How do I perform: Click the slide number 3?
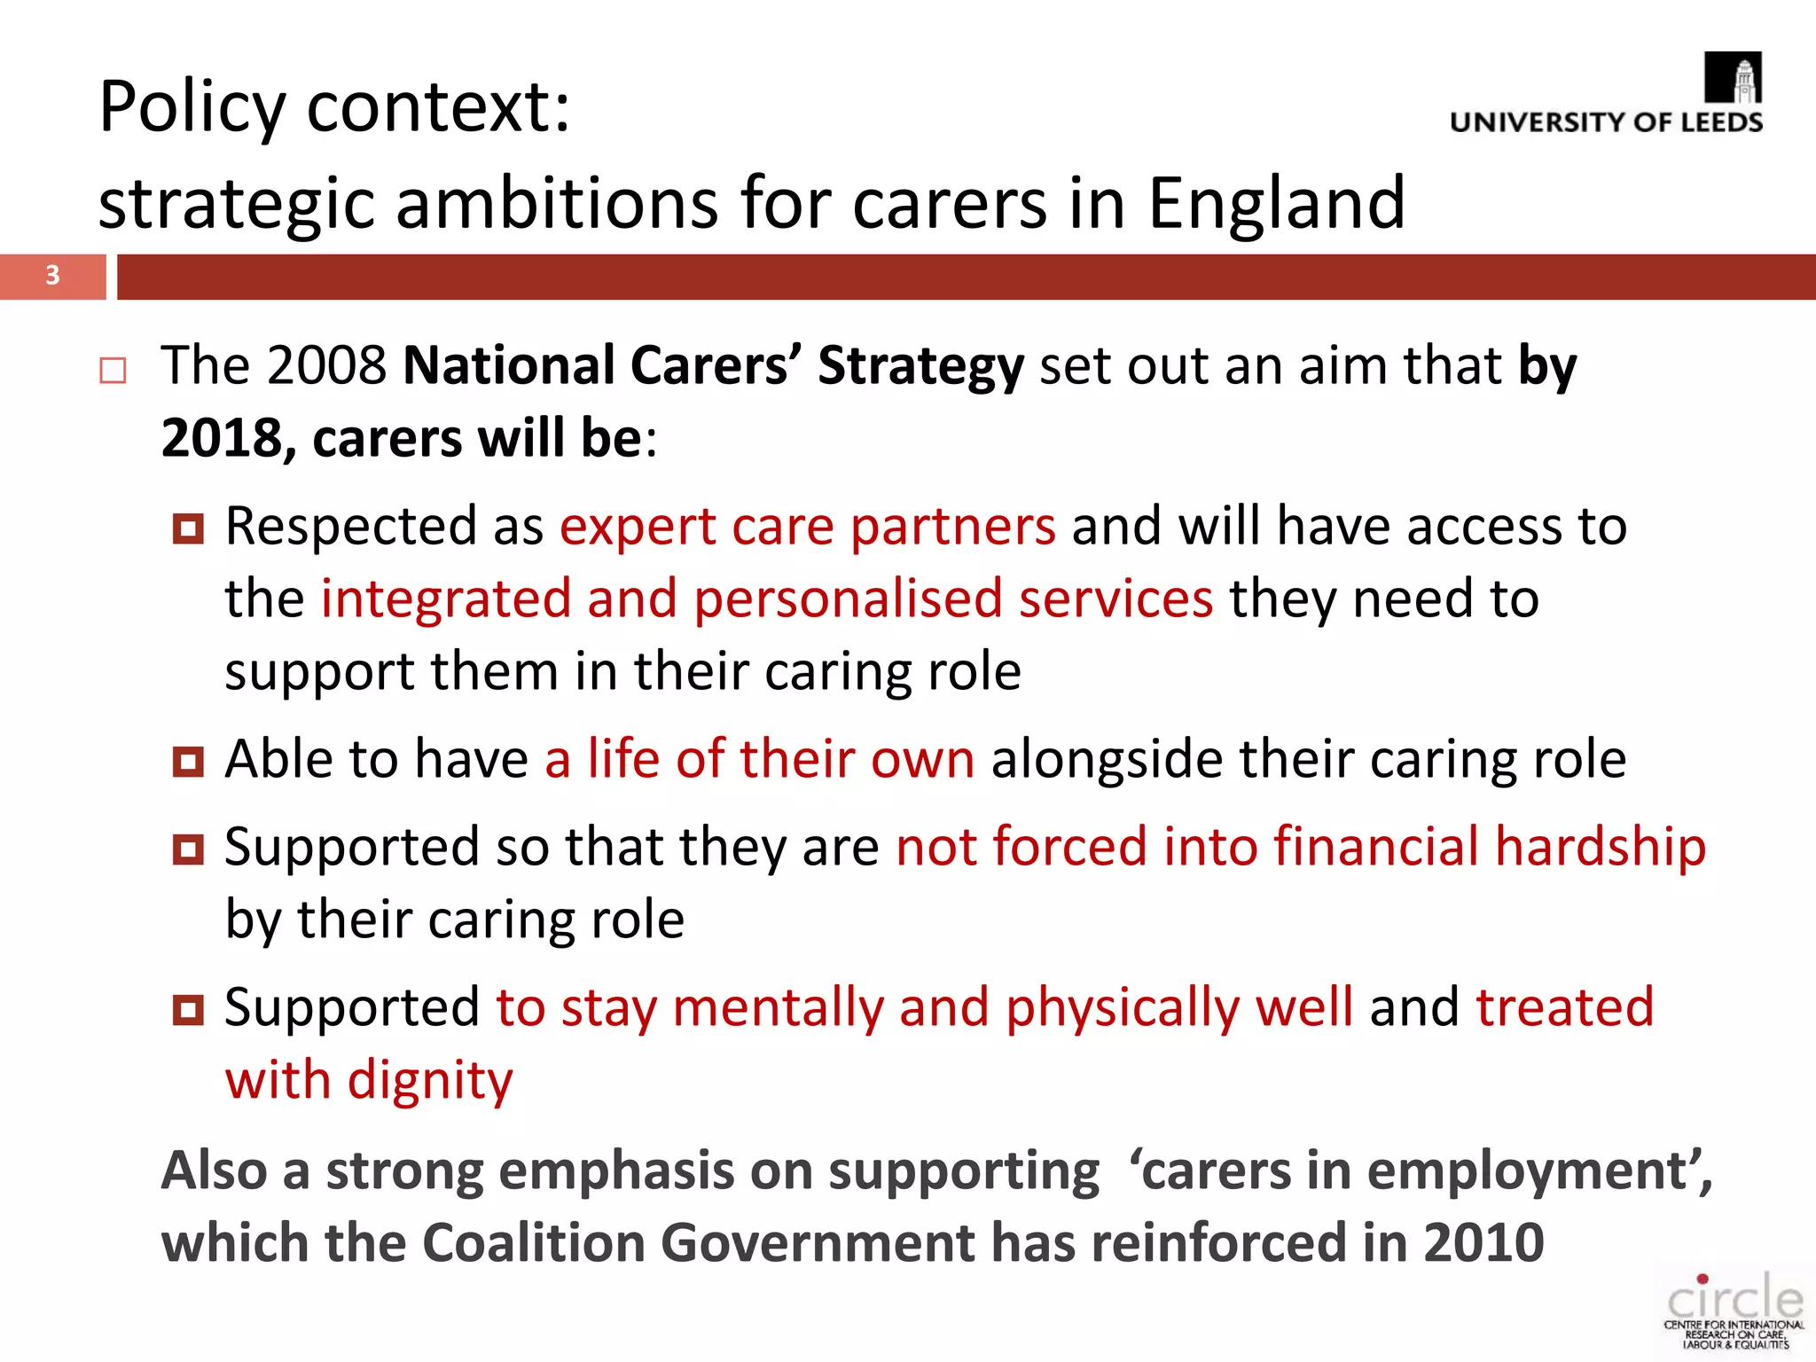click(x=52, y=276)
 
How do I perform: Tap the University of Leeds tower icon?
click(x=1734, y=78)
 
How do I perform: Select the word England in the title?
click(x=1276, y=203)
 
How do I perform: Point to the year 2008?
click(x=326, y=365)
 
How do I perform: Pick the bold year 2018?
click(x=221, y=439)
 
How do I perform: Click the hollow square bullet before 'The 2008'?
click(x=113, y=370)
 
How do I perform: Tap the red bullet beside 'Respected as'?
click(x=188, y=529)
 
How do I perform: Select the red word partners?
click(x=953, y=528)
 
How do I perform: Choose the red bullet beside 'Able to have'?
click(x=188, y=762)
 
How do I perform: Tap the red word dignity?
click(x=430, y=1081)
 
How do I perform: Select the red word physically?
click(x=1122, y=1009)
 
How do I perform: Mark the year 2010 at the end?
click(x=1483, y=1242)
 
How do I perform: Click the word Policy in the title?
click(x=192, y=107)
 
